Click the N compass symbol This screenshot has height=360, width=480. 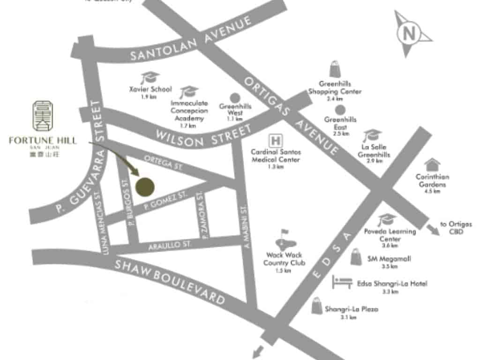[x=409, y=33]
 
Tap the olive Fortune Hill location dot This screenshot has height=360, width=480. [x=145, y=186]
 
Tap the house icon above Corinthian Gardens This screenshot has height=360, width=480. [x=432, y=165]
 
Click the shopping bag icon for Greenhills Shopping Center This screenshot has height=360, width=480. [x=335, y=69]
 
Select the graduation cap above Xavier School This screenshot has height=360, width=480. [x=150, y=77]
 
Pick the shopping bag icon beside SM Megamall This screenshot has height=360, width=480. [x=356, y=257]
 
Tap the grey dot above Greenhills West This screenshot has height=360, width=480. [x=235, y=97]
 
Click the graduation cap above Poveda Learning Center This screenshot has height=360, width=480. [x=387, y=219]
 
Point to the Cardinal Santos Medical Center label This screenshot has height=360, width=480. [x=276, y=156]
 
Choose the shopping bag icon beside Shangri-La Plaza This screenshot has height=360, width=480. [x=317, y=305]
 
